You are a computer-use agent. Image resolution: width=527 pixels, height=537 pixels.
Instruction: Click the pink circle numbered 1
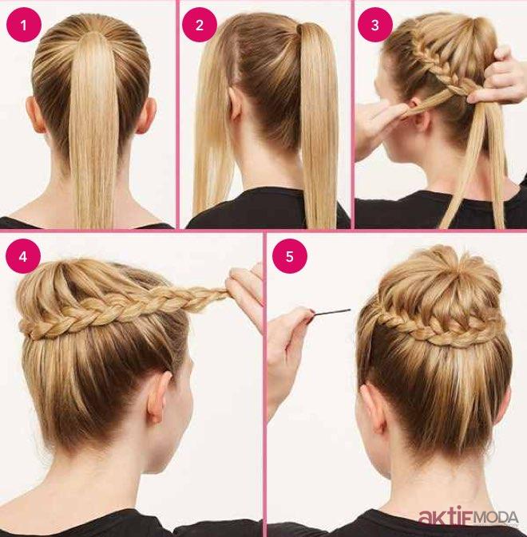(24, 25)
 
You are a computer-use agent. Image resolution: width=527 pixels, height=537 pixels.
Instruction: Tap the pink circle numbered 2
(200, 25)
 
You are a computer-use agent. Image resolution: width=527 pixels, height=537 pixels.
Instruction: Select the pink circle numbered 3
(375, 25)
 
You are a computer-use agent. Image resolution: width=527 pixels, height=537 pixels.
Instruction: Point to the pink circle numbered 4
(23, 256)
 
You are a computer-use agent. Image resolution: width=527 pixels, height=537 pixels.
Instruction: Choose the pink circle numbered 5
(290, 256)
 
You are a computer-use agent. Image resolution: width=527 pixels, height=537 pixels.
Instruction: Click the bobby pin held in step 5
(331, 312)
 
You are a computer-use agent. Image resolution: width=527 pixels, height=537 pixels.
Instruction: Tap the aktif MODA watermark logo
(469, 517)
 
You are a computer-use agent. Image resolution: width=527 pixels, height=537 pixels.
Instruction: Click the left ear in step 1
(35, 115)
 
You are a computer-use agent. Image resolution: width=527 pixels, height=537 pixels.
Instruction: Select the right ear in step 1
(146, 116)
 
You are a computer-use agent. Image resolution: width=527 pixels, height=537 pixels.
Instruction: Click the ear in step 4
(159, 397)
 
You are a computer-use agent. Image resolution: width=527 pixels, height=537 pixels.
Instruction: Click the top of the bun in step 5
(442, 260)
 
